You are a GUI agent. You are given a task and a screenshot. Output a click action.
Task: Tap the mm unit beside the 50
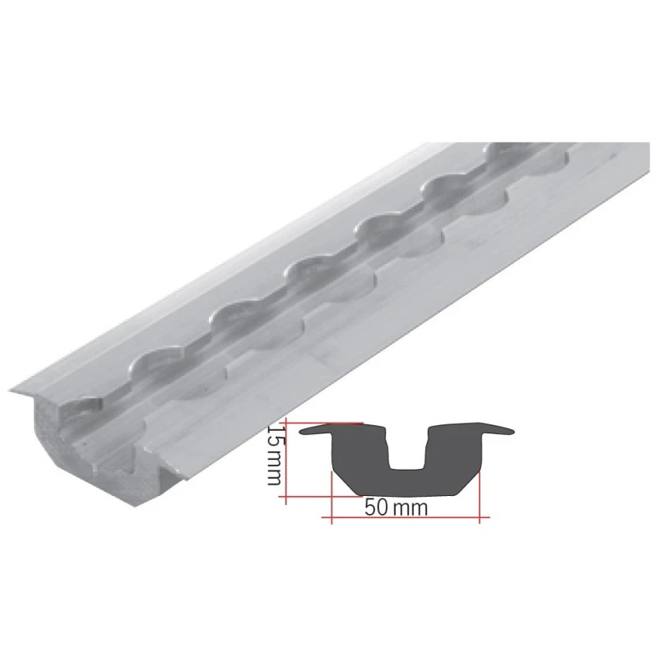(410, 507)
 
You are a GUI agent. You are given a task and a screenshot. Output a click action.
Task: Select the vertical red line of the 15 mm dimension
(284, 461)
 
